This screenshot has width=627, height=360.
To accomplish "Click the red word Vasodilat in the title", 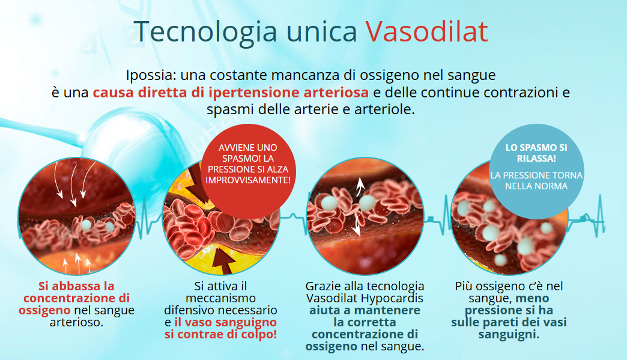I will pyautogui.click(x=426, y=31).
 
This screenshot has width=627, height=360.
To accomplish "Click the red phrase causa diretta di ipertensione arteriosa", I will pyautogui.click(x=231, y=93).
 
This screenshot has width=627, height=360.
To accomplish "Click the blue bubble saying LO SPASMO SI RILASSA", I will pyautogui.click(x=528, y=153).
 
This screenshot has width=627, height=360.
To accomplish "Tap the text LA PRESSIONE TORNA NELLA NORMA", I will pyautogui.click(x=528, y=180).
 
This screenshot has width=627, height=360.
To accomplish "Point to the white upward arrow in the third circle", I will pyautogui.click(x=361, y=188).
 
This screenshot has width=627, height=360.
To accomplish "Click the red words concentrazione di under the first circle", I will pyautogui.click(x=76, y=298).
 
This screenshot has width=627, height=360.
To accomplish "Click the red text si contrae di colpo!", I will pyautogui.click(x=221, y=334).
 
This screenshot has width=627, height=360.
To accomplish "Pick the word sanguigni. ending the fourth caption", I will pyautogui.click(x=509, y=334).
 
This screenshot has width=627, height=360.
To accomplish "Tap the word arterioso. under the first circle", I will pyautogui.click(x=76, y=322).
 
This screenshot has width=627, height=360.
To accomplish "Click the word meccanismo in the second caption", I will pyautogui.click(x=220, y=298).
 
